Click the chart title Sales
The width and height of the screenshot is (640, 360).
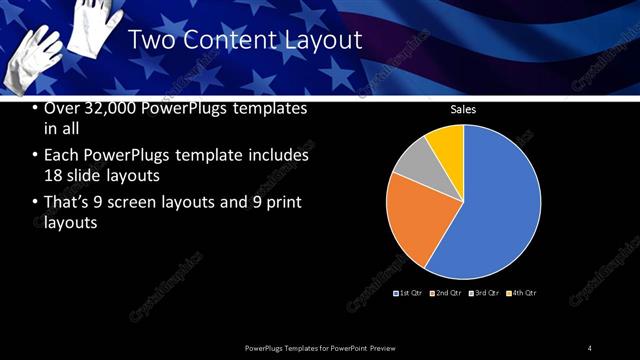point(463,110)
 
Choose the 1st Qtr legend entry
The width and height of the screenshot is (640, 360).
point(407,292)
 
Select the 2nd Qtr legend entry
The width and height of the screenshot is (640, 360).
point(447,292)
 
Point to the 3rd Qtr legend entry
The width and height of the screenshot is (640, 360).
point(486,292)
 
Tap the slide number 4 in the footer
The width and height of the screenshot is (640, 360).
point(590,347)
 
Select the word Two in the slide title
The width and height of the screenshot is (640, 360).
point(151,40)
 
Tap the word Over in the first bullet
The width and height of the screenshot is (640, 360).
point(62,108)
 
